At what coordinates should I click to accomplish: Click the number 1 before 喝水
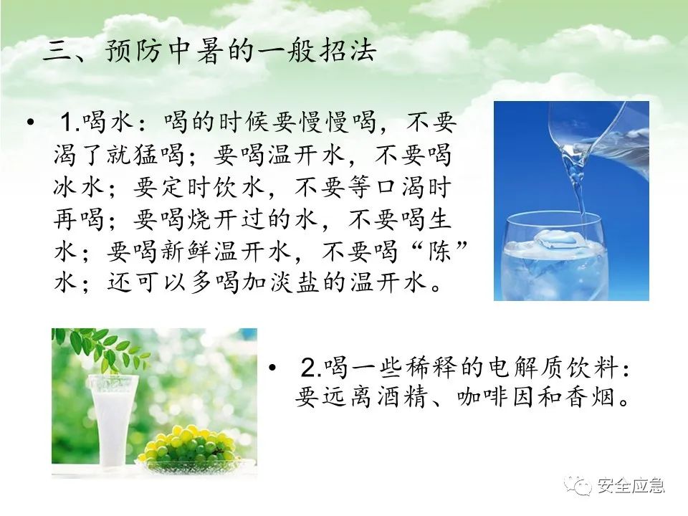coord(67,122)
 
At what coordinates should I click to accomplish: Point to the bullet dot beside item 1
coord(30,122)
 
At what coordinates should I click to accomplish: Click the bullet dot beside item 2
coord(273,367)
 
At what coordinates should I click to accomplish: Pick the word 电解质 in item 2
coord(517,367)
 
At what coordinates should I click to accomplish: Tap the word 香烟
coord(590,398)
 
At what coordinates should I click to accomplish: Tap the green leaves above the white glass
coord(99,349)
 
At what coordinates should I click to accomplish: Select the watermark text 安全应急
coord(631,486)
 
